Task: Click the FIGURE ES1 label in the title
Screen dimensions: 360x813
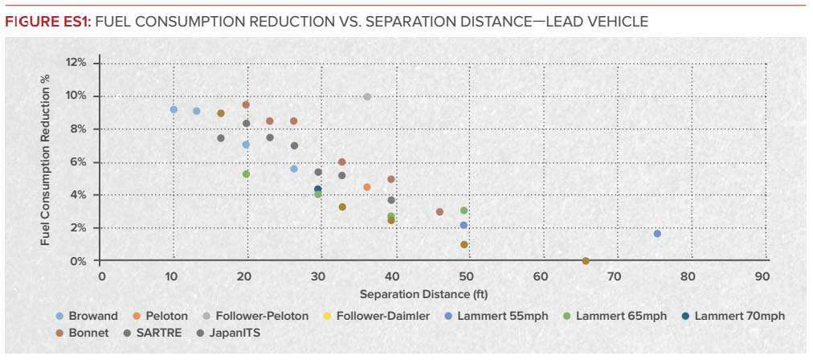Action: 47,22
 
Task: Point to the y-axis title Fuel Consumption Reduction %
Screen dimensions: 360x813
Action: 46,162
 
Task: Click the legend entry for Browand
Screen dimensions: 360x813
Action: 89,316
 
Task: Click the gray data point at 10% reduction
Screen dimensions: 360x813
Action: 367,96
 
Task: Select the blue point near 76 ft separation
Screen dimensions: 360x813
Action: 657,234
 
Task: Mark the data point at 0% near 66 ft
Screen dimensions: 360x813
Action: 586,261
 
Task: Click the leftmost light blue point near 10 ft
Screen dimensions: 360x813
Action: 174,109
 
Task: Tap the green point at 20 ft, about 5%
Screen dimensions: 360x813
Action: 246,174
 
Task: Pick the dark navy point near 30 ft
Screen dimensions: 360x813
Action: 318,189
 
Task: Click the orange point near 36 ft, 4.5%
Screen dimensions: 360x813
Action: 367,187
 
